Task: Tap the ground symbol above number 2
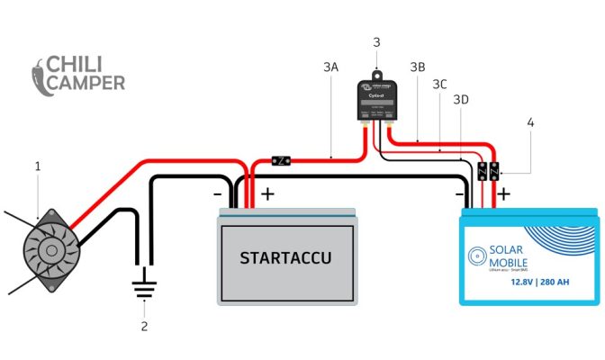pos(142,288)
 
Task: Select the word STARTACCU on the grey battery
pos(284,258)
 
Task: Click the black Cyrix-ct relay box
pos(377,99)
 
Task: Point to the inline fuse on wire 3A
pos(281,161)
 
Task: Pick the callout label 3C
pos(439,84)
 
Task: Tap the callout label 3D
pos(461,100)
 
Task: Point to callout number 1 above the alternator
pos(38,166)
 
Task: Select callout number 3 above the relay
pos(376,41)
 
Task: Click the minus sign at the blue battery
pos(459,193)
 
